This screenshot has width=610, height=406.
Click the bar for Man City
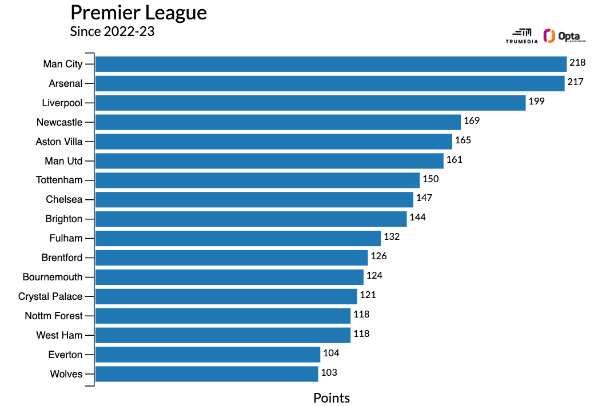(x=330, y=64)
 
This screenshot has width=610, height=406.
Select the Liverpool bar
(x=310, y=103)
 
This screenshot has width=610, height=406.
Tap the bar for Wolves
(x=206, y=374)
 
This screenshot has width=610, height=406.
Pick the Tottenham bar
(x=257, y=180)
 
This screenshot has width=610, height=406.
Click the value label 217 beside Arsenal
(x=576, y=82)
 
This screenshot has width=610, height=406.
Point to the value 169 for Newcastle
(x=472, y=121)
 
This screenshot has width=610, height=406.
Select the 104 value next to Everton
(x=331, y=353)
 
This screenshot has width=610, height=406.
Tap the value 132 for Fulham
(x=392, y=237)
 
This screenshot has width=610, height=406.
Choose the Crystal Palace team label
(x=50, y=296)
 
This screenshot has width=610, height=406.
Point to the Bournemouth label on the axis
(x=53, y=277)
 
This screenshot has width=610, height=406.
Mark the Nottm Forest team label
(x=54, y=316)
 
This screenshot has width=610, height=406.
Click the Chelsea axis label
(x=64, y=199)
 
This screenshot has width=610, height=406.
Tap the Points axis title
(x=332, y=398)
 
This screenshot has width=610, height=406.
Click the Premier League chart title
(x=138, y=13)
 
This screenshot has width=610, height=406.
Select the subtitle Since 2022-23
(x=112, y=31)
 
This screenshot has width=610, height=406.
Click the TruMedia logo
(x=521, y=36)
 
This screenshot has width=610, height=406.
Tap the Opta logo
(x=565, y=36)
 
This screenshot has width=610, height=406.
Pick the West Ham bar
(x=222, y=335)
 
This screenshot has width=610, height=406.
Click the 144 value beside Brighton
(x=417, y=218)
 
